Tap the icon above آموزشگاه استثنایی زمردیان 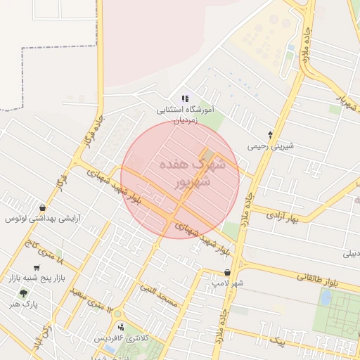coord(184,99)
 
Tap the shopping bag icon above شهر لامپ coord(227,271)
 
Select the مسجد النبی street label coord(161,295)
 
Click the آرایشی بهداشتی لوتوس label coord(44,219)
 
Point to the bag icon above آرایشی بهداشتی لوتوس coord(44,208)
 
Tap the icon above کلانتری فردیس coord(122,327)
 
